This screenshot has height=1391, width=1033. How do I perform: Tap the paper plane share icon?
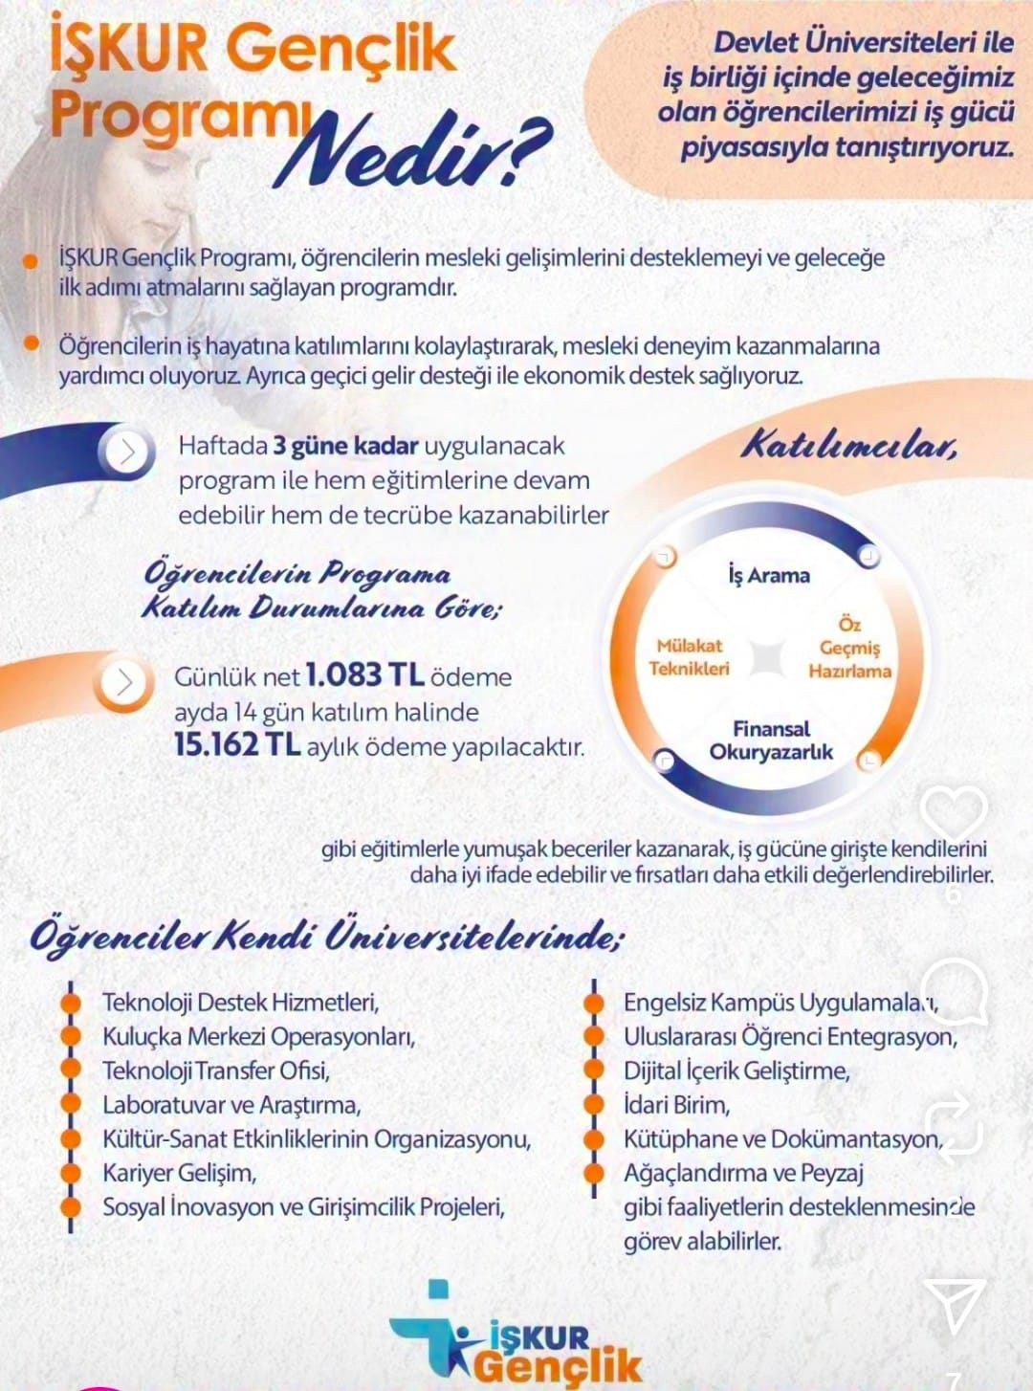[953, 1305]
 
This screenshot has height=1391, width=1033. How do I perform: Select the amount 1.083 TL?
[364, 675]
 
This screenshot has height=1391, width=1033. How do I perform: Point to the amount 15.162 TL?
[237, 745]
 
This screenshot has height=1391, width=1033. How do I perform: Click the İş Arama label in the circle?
[768, 575]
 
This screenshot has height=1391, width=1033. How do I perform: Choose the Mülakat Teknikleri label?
[689, 657]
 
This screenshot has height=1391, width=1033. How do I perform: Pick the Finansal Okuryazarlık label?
[771, 740]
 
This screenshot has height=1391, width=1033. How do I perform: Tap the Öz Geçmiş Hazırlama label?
[849, 648]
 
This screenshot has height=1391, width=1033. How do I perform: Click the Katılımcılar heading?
[849, 446]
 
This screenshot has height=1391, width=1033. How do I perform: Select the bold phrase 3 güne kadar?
[345, 446]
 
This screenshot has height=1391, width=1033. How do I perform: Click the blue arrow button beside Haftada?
[127, 452]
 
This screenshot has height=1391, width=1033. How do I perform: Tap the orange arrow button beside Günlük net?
[124, 682]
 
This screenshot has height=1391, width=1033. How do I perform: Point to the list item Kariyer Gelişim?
[180, 1173]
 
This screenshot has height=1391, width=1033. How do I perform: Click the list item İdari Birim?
[676, 1105]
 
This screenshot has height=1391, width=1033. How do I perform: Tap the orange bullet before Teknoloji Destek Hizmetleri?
[70, 1003]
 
